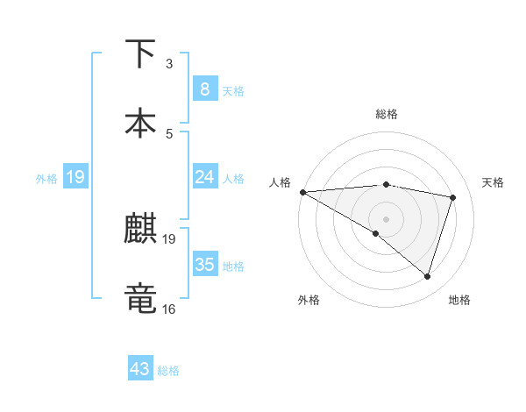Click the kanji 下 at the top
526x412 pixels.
[142, 53]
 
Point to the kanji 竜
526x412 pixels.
[142, 297]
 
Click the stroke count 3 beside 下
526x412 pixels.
[169, 64]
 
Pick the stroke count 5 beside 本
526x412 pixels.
[169, 133]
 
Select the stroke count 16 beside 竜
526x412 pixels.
[169, 309]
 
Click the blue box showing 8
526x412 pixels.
[204, 89]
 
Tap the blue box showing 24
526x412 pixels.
[204, 177]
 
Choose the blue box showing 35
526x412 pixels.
[204, 265]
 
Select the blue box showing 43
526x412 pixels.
[140, 369]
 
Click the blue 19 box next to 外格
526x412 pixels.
[75, 177]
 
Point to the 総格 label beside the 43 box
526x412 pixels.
[168, 371]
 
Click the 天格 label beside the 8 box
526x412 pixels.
[232, 90]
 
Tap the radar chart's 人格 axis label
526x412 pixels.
[281, 182]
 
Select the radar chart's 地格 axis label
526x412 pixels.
[459, 300]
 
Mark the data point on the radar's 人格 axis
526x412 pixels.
[302, 191]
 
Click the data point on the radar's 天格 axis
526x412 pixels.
[453, 197]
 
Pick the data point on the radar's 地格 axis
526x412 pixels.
[427, 276]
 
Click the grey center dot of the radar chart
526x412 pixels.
[386, 218]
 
